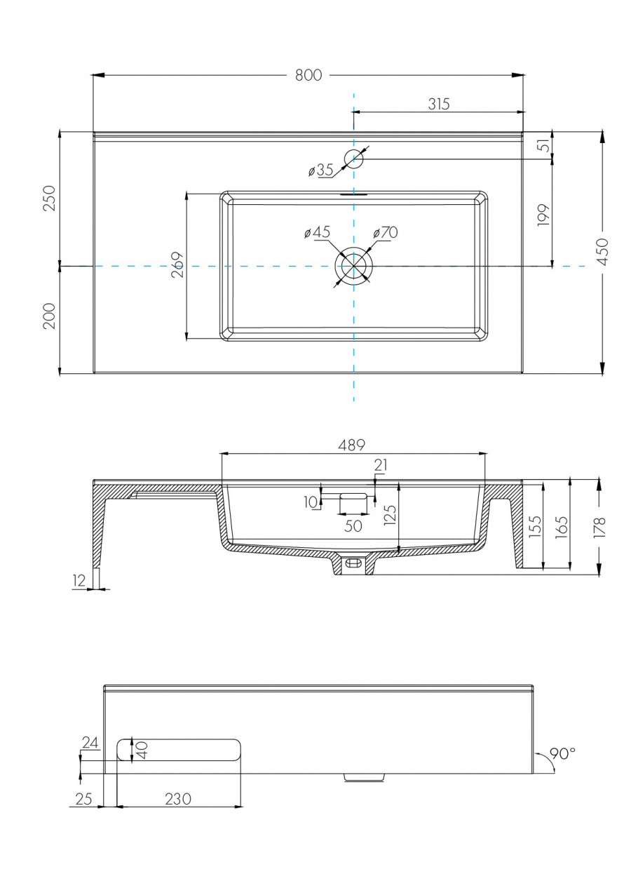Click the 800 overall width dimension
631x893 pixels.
[x=308, y=75]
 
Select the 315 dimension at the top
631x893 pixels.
[x=438, y=104]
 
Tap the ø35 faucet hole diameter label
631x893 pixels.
[x=320, y=170]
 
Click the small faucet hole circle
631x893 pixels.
[x=354, y=158]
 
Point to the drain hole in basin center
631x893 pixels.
[x=354, y=267]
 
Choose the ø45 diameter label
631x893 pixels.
[x=317, y=232]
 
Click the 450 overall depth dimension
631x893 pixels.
[x=602, y=252]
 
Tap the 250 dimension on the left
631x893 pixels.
[x=49, y=199]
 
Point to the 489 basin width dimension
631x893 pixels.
[x=352, y=445]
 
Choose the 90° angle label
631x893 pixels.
[x=562, y=753]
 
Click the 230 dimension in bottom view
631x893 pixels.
[x=178, y=798]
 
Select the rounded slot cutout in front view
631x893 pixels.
[x=179, y=750]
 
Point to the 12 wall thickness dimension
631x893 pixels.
[x=79, y=579]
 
